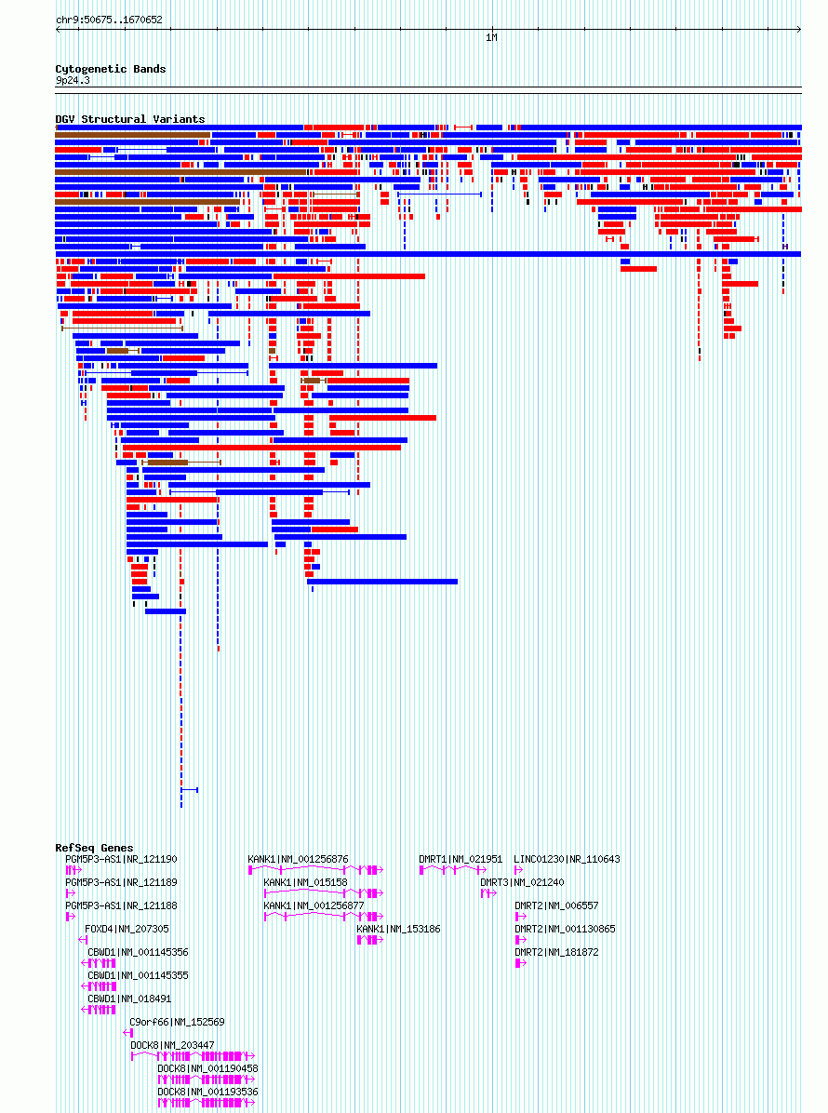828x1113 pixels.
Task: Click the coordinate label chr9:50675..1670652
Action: (x=108, y=20)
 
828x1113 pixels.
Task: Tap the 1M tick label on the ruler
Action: (x=491, y=38)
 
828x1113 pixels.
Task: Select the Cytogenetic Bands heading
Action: (x=110, y=69)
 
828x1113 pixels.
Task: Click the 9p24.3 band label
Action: (x=72, y=81)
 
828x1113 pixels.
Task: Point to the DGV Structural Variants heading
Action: (x=129, y=119)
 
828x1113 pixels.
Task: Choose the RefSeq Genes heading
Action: (x=93, y=848)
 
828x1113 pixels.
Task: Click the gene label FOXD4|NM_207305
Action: (x=127, y=929)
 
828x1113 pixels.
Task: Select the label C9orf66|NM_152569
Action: (x=177, y=1022)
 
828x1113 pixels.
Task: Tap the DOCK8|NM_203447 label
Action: (x=172, y=1045)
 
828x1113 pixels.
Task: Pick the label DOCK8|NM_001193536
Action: (x=207, y=1092)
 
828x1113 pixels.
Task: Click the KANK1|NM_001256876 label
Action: (x=298, y=859)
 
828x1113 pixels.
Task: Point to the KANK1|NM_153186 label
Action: (x=398, y=929)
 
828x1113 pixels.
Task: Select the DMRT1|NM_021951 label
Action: (x=460, y=859)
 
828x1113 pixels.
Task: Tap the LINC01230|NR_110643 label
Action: (x=567, y=859)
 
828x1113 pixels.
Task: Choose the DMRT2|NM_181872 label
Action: (x=556, y=952)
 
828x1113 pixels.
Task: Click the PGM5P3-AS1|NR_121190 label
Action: (x=121, y=859)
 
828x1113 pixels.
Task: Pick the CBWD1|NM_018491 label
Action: (x=129, y=999)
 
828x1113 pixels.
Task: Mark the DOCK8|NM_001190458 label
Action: (x=207, y=1068)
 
